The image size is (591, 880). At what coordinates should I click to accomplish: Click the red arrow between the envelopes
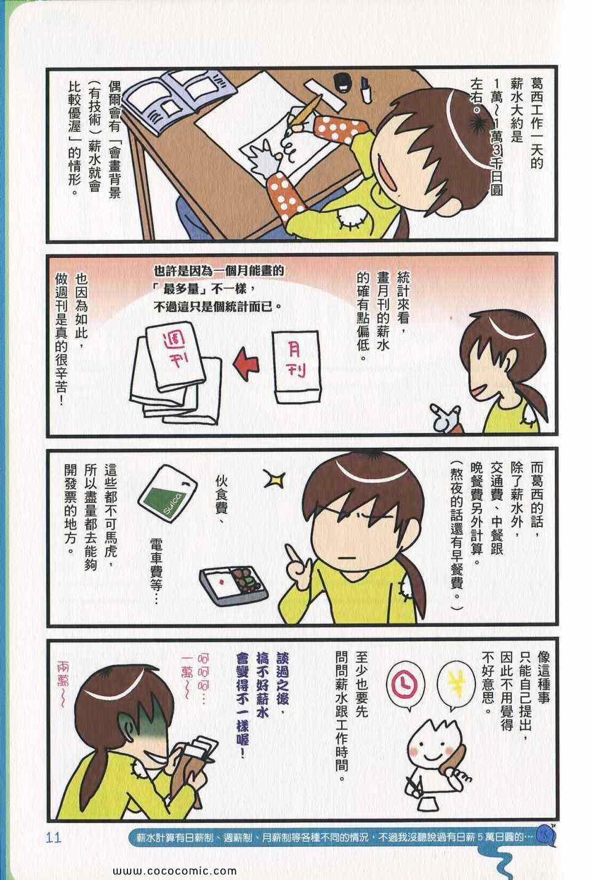(247, 364)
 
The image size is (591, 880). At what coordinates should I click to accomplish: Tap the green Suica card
(167, 493)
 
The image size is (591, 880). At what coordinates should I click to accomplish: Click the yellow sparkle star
(274, 478)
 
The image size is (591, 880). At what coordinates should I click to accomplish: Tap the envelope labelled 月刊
(297, 368)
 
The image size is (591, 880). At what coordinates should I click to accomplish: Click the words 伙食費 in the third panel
(222, 498)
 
